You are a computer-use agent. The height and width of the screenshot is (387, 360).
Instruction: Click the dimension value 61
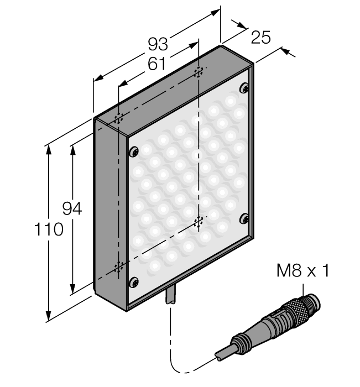(156, 64)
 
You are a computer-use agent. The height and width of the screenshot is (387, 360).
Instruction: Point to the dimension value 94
(71, 209)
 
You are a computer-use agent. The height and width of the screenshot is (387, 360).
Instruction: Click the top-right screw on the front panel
(243, 88)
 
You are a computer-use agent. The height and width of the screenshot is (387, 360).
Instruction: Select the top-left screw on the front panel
(134, 151)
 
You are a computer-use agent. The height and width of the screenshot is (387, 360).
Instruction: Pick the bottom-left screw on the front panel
(133, 283)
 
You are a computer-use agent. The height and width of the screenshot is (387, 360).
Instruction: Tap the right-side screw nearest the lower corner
(243, 219)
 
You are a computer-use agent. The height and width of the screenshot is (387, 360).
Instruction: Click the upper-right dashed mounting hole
(199, 72)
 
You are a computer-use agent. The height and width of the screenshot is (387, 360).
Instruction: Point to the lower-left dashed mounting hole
(118, 268)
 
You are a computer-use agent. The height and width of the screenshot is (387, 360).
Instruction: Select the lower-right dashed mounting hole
(199, 222)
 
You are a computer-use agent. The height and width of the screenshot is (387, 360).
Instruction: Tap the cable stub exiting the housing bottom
(171, 296)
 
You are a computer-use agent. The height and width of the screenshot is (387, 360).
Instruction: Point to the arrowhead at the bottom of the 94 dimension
(72, 290)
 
